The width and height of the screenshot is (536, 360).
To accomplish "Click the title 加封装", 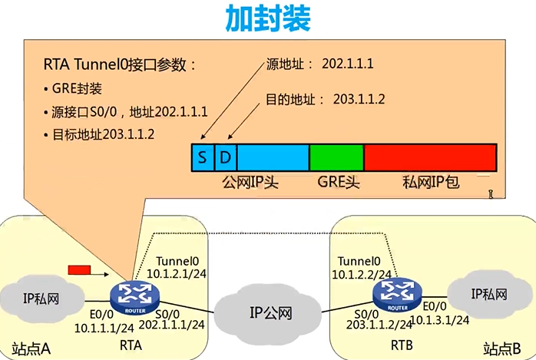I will pos(267,19).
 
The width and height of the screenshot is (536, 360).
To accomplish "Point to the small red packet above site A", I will pos(79,269).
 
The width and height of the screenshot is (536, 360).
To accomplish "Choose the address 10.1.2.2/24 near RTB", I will pos(363,274).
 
